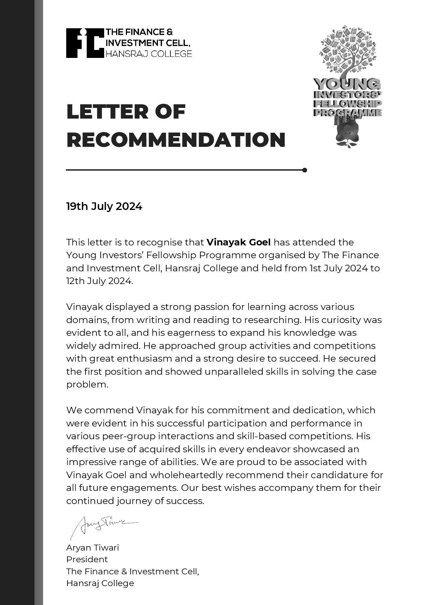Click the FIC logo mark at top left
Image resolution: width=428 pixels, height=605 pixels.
point(85,43)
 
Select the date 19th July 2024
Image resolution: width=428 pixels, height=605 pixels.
point(104,206)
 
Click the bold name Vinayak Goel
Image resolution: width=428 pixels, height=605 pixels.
point(238,242)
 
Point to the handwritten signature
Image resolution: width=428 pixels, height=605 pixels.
point(103,525)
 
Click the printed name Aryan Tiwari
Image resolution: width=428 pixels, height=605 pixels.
point(92,548)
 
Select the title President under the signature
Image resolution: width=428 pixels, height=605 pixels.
point(87,559)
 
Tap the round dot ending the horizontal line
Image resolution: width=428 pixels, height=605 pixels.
point(305,170)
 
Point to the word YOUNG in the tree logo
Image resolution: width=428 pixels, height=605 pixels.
point(347,84)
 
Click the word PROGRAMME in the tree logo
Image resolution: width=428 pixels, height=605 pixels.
point(347,113)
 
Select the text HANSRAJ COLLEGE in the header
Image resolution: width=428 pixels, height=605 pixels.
point(149,54)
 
